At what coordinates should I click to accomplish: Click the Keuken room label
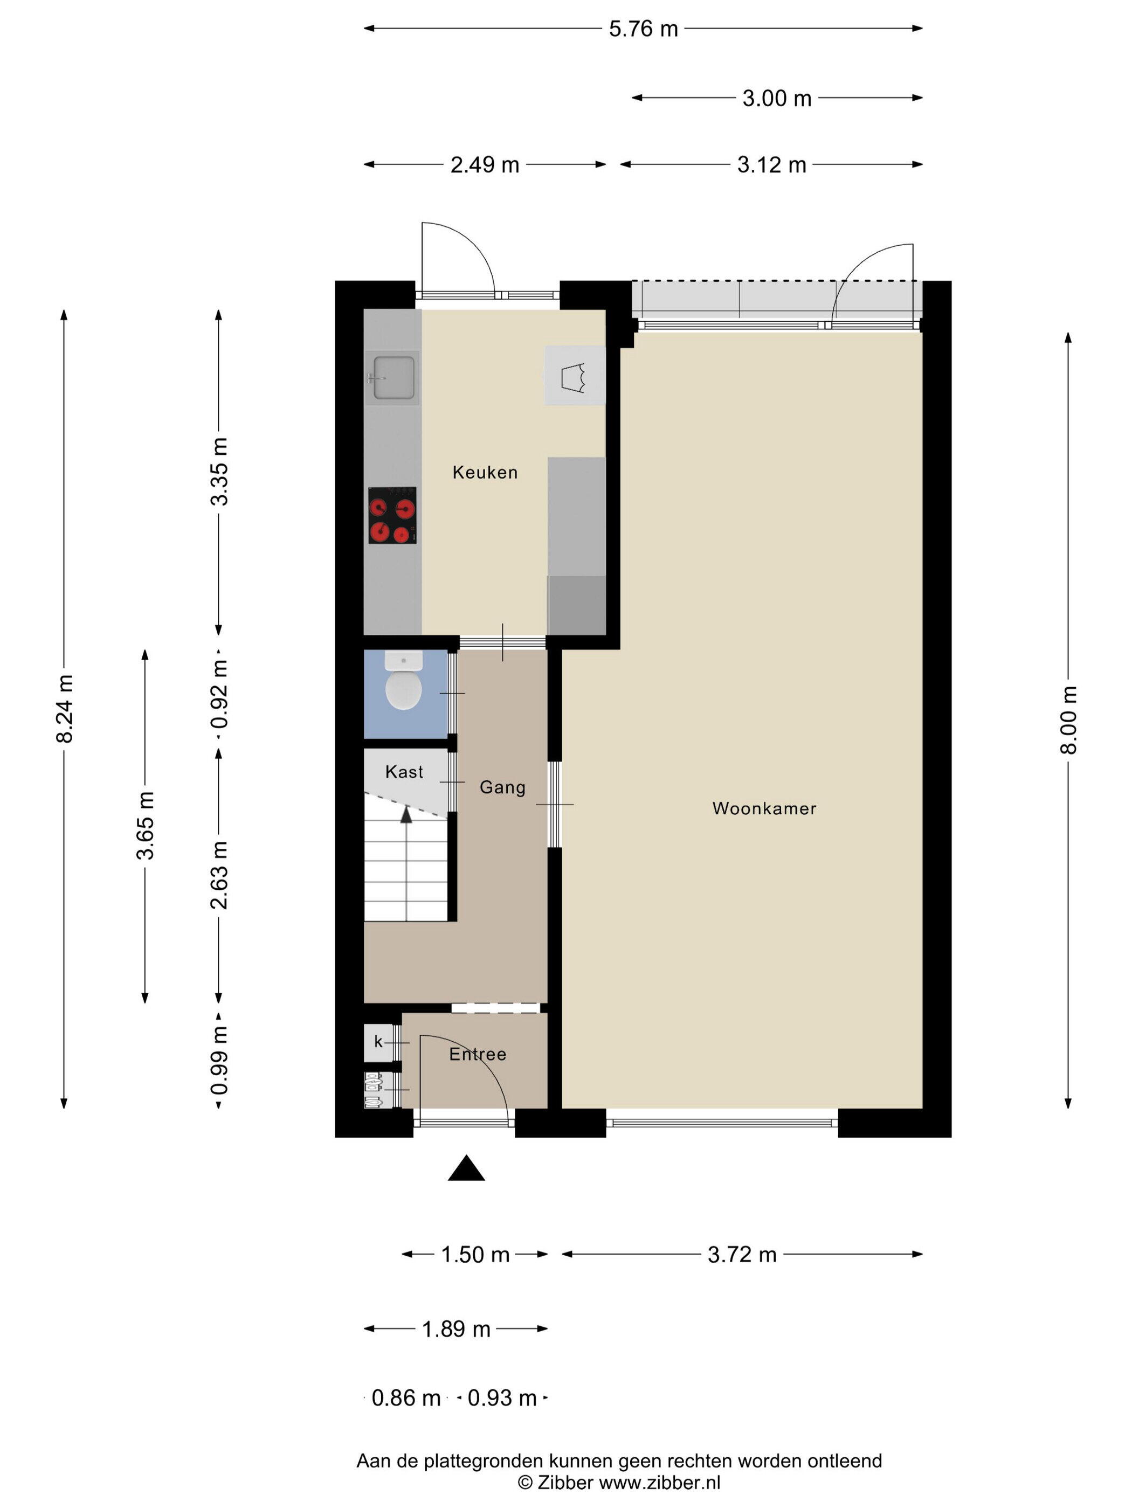(485, 472)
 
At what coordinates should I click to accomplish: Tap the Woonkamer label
(764, 808)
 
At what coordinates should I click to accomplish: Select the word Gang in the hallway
(502, 787)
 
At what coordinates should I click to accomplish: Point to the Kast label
(404, 772)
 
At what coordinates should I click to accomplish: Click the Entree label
(478, 1054)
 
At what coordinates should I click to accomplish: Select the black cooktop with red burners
(392, 515)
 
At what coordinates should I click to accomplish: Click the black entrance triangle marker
(466, 1168)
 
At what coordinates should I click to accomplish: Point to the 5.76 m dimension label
(644, 29)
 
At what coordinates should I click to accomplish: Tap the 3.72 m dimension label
(742, 1255)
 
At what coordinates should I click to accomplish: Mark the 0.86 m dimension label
(406, 1398)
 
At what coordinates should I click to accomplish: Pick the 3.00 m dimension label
(777, 98)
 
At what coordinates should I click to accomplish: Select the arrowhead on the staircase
(406, 813)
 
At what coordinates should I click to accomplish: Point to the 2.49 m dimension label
(485, 165)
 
